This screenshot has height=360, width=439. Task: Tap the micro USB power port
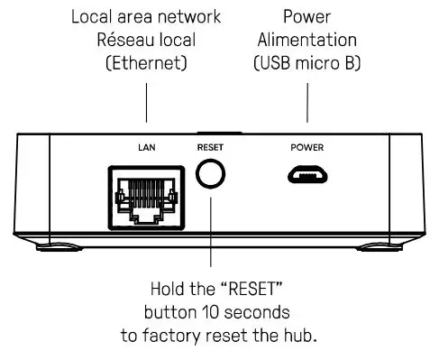pos(306,173)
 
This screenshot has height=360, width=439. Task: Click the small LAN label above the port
pos(147,146)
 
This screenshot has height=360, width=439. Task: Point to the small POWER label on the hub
pos(306,146)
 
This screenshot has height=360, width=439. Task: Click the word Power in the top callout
pos(306,17)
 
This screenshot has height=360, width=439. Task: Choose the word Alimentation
pos(306,41)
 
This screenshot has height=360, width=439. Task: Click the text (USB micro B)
pos(306,64)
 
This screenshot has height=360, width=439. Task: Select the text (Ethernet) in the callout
pos(146,64)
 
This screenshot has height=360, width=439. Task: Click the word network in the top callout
pos(187,17)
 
